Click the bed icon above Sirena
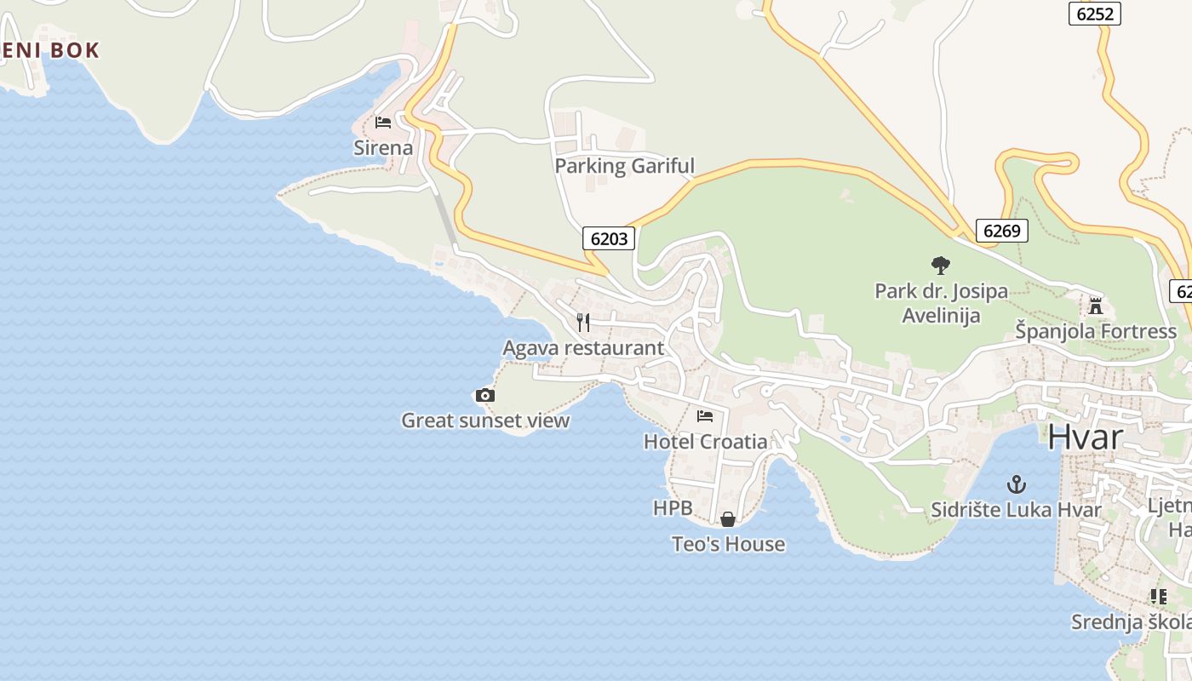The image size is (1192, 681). pyautogui.click(x=383, y=123)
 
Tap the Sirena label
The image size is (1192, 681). pyautogui.click(x=383, y=148)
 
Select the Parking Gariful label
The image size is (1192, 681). pyautogui.click(x=625, y=166)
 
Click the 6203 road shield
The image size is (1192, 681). pyautogui.click(x=609, y=238)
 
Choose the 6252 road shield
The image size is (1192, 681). pyautogui.click(x=1095, y=14)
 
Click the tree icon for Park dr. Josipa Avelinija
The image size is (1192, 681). pyautogui.click(x=940, y=266)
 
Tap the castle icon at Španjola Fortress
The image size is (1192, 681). pyautogui.click(x=1096, y=306)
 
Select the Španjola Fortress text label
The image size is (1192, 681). pyautogui.click(x=1096, y=331)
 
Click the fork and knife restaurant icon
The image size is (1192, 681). pyautogui.click(x=583, y=322)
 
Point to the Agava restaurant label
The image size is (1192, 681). pyautogui.click(x=583, y=348)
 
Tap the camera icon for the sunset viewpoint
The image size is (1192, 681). pyautogui.click(x=484, y=395)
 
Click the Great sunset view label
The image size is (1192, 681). pyautogui.click(x=485, y=421)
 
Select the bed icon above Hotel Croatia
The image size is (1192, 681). pyautogui.click(x=705, y=416)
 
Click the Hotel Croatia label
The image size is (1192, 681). pyautogui.click(x=705, y=442)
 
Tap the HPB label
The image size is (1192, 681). pyautogui.click(x=673, y=509)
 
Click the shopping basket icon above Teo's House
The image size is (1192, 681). pyautogui.click(x=728, y=518)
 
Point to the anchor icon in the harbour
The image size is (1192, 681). pyautogui.click(x=1016, y=485)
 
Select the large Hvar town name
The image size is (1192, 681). pyautogui.click(x=1085, y=437)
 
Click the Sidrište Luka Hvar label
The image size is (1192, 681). pyautogui.click(x=1016, y=511)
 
